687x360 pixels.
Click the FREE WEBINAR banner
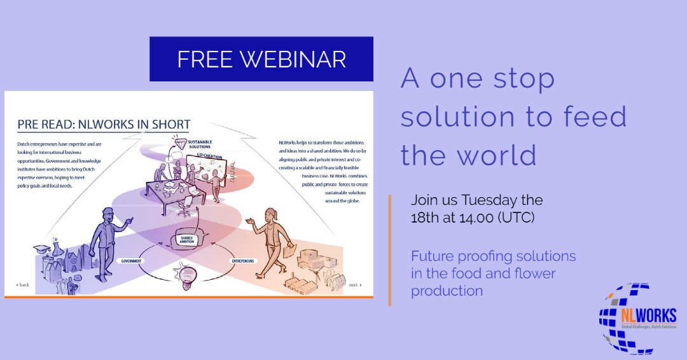click(x=261, y=59)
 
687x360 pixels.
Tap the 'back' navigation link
click(x=23, y=285)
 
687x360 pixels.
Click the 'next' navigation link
click(x=355, y=285)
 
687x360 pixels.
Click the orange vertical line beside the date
click(x=389, y=250)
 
